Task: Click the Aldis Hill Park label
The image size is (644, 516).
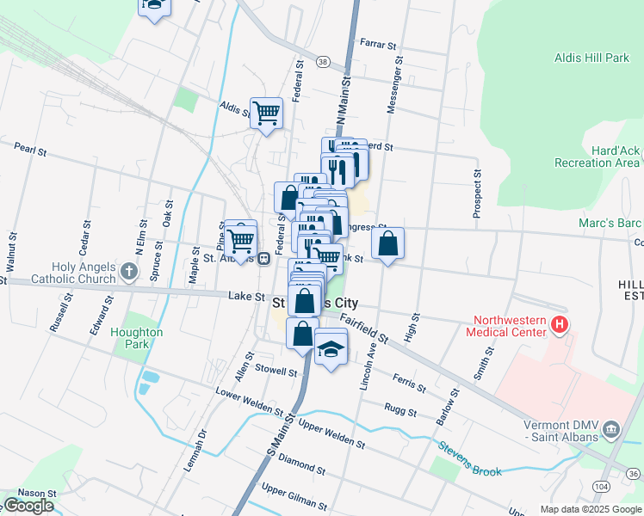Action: [592, 58]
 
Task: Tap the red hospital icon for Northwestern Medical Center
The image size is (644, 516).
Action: [560, 325]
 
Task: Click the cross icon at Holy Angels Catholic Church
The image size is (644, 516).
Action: [128, 273]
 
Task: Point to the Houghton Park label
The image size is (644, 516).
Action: [137, 337]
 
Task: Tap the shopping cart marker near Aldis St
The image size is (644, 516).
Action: [266, 112]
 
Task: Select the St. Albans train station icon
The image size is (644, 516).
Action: [265, 256]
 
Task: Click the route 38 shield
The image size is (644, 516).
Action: [322, 61]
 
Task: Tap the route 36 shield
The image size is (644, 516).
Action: [633, 473]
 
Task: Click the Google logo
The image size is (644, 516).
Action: [29, 506]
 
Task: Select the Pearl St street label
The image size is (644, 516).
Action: [30, 149]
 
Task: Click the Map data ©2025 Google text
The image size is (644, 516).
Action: [590, 509]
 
